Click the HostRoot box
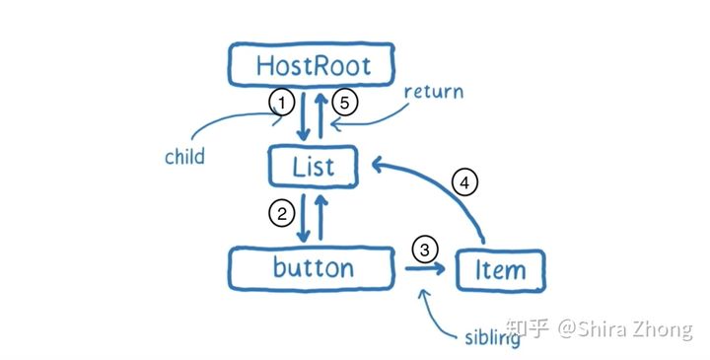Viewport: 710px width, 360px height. click(312, 66)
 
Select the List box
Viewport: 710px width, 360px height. click(314, 165)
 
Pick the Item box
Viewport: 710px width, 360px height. click(501, 269)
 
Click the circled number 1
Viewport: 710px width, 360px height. click(282, 103)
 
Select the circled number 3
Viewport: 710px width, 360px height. click(424, 251)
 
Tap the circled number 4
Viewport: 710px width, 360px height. click(464, 181)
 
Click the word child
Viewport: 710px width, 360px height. click(185, 157)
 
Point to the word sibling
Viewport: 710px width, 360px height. click(492, 338)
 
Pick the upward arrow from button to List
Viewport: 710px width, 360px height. click(321, 217)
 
